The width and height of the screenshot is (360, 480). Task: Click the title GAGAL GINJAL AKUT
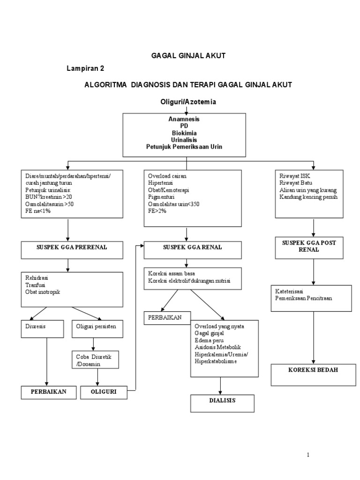click(188, 55)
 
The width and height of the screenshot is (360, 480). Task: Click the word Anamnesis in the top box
click(184, 119)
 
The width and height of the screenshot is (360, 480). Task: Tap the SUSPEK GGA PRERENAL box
click(68, 250)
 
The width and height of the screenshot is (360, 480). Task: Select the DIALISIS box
click(222, 403)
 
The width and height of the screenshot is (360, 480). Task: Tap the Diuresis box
click(42, 329)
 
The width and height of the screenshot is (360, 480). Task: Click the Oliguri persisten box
click(97, 329)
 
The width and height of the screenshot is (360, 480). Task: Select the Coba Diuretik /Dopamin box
click(97, 360)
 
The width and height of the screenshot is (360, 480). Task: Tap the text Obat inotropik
click(44, 292)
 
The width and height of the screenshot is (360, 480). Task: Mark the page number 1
click(308, 455)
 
